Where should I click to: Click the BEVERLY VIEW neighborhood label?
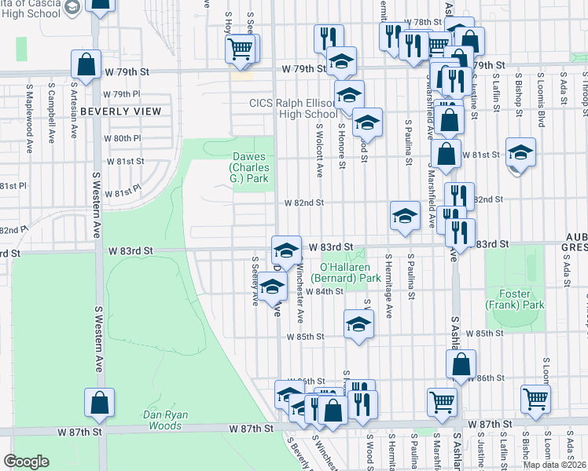pyautogui.click(x=120, y=111)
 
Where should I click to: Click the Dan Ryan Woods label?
pyautogui.click(x=163, y=420)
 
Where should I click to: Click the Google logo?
pyautogui.click(x=26, y=462)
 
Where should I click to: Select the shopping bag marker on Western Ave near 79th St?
pyautogui.click(x=88, y=64)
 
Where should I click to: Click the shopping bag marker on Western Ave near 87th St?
pyautogui.click(x=100, y=403)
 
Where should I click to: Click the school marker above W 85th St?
pyautogui.click(x=358, y=324)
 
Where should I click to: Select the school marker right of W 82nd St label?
pyautogui.click(x=405, y=216)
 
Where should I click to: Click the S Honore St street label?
pyautogui.click(x=343, y=145)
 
